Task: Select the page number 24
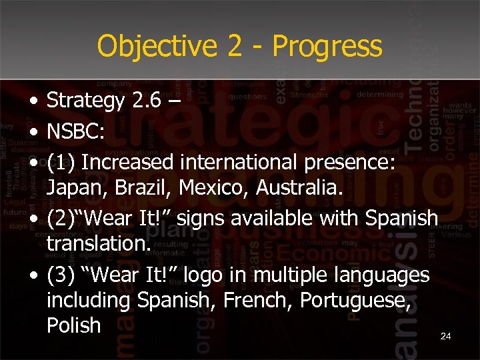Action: coord(446,337)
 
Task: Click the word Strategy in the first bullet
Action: coord(86,101)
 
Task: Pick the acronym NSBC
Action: coord(73,131)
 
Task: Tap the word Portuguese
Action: coord(351,301)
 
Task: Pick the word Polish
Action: coord(73,325)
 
